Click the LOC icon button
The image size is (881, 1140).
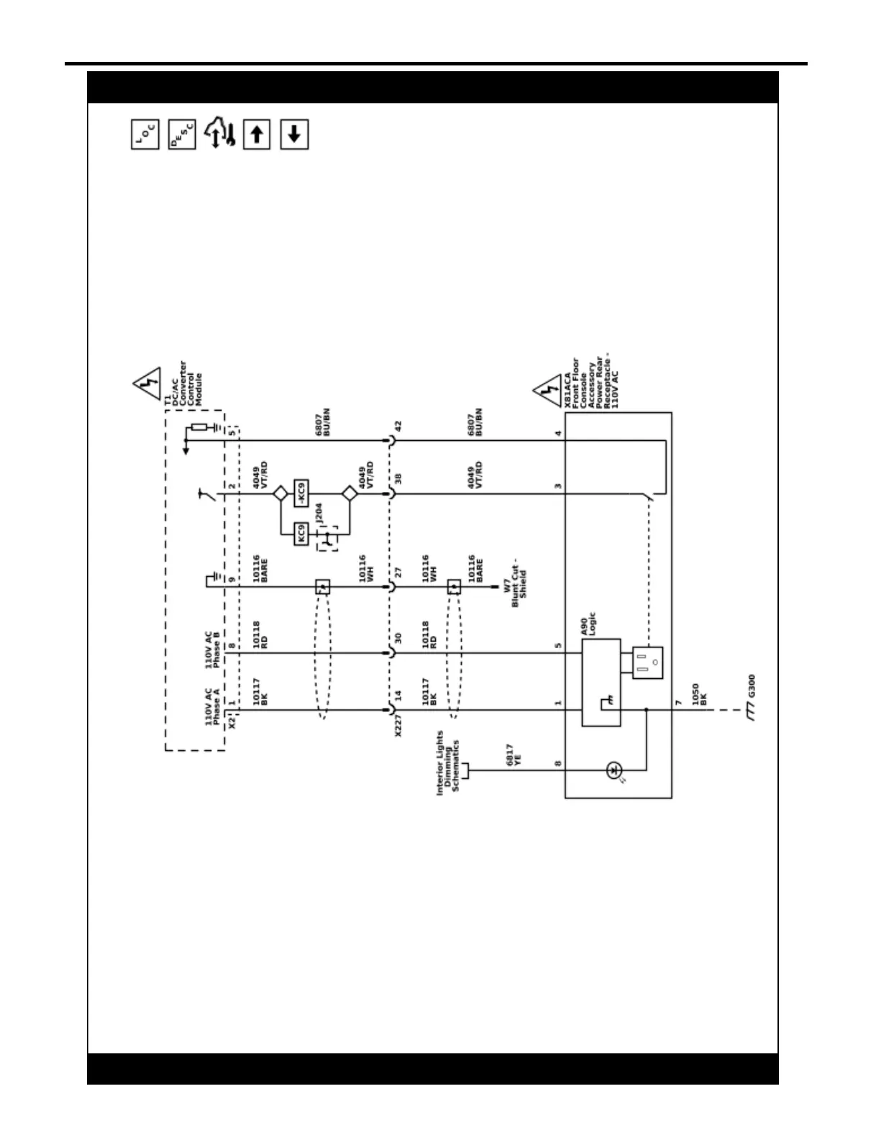point(145,134)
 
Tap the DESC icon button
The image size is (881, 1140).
point(182,134)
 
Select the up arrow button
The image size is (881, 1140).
point(257,134)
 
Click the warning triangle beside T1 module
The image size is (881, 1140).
point(148,384)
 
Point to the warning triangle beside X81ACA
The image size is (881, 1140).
point(549,391)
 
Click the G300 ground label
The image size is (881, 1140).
point(752,686)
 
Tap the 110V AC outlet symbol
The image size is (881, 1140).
point(647,662)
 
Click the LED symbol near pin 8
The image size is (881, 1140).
point(613,770)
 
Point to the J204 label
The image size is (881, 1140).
point(319,513)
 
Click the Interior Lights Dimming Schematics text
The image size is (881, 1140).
point(447,762)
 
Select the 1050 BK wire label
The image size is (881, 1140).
point(699,693)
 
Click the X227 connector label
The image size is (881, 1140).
point(398,725)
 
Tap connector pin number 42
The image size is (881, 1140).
point(398,427)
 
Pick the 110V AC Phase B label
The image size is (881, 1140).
point(214,649)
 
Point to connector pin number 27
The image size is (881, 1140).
point(398,573)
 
